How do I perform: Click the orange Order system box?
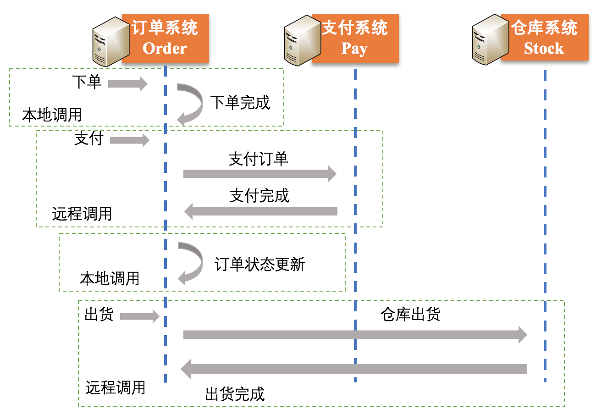[165, 38]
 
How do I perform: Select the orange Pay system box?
[355, 38]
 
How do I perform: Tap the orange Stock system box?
[544, 38]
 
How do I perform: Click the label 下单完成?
[240, 102]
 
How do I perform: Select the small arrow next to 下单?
[128, 84]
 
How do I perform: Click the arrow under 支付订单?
[259, 174]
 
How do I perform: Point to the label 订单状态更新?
[260, 264]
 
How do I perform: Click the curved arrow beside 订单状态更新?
[190, 263]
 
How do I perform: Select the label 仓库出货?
[410, 315]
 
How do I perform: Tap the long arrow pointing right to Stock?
[355, 335]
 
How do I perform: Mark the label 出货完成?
[235, 394]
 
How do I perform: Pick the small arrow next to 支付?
[130, 140]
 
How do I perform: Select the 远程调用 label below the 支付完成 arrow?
[82, 214]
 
